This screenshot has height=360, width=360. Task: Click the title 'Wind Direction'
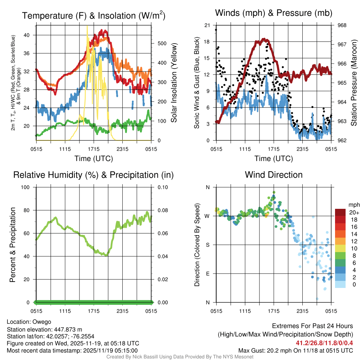pyautogui.click(x=274, y=175)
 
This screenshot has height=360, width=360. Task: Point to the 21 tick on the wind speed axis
pyautogui.click(x=207, y=25)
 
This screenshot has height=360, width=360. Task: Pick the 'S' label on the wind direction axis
pyautogui.click(x=207, y=245)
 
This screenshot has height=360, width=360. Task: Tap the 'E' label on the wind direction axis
pyautogui.click(x=207, y=274)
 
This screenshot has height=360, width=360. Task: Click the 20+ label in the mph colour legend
pyautogui.click(x=353, y=212)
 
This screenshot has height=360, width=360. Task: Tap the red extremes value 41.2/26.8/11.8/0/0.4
pyautogui.click(x=322, y=342)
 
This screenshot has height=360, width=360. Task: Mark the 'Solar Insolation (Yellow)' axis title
pyautogui.click(x=174, y=83)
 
